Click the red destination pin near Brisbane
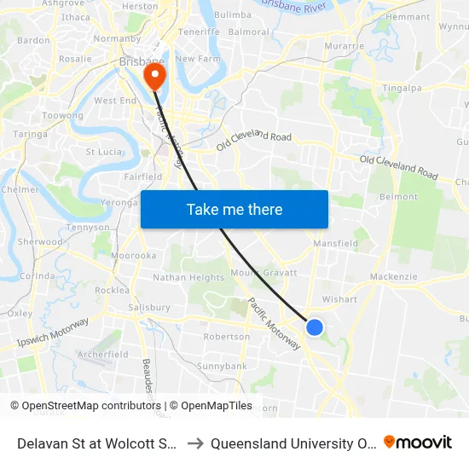(x=154, y=77)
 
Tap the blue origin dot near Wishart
(x=315, y=327)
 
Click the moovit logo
(x=417, y=443)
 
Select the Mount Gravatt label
(x=264, y=273)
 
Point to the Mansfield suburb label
(x=335, y=243)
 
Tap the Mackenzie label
(x=394, y=277)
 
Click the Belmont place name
(x=398, y=196)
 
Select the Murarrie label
(x=345, y=45)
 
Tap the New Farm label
(x=197, y=59)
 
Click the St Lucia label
(x=104, y=152)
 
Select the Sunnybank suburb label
(x=223, y=366)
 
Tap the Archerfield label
(x=102, y=354)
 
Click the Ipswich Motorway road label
(x=53, y=333)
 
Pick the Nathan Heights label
(x=188, y=277)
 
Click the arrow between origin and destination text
(x=195, y=443)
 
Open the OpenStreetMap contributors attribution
(x=89, y=406)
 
